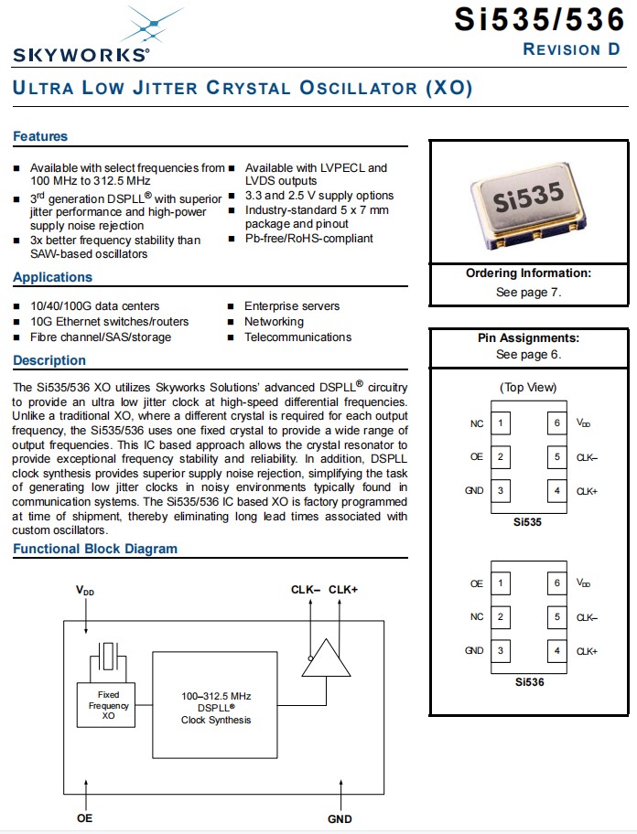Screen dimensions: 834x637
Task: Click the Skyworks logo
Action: pyautogui.click(x=82, y=37)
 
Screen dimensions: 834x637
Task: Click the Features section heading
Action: pyautogui.click(x=40, y=136)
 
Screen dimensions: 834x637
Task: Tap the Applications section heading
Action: pyautogui.click(x=52, y=277)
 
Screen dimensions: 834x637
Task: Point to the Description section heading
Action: pyautogui.click(x=49, y=360)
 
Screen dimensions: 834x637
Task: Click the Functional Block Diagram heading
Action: pyautogui.click(x=95, y=549)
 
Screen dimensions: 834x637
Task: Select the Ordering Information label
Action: pyautogui.click(x=528, y=273)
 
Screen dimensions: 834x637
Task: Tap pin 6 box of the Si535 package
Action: pyautogui.click(x=556, y=423)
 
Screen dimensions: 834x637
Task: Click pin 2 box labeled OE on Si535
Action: pyautogui.click(x=501, y=457)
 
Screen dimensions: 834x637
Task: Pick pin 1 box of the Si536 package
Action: pyautogui.click(x=501, y=583)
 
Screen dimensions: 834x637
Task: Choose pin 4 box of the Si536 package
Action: pyautogui.click(x=556, y=651)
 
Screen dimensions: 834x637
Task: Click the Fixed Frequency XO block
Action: pyautogui.click(x=108, y=705)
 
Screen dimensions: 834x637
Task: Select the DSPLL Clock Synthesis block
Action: pyautogui.click(x=216, y=708)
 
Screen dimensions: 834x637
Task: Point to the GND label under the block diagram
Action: pyautogui.click(x=340, y=818)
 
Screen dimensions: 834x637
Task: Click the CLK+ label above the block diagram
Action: pyautogui.click(x=343, y=590)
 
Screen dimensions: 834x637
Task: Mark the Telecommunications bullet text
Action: pyautogui.click(x=297, y=337)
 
